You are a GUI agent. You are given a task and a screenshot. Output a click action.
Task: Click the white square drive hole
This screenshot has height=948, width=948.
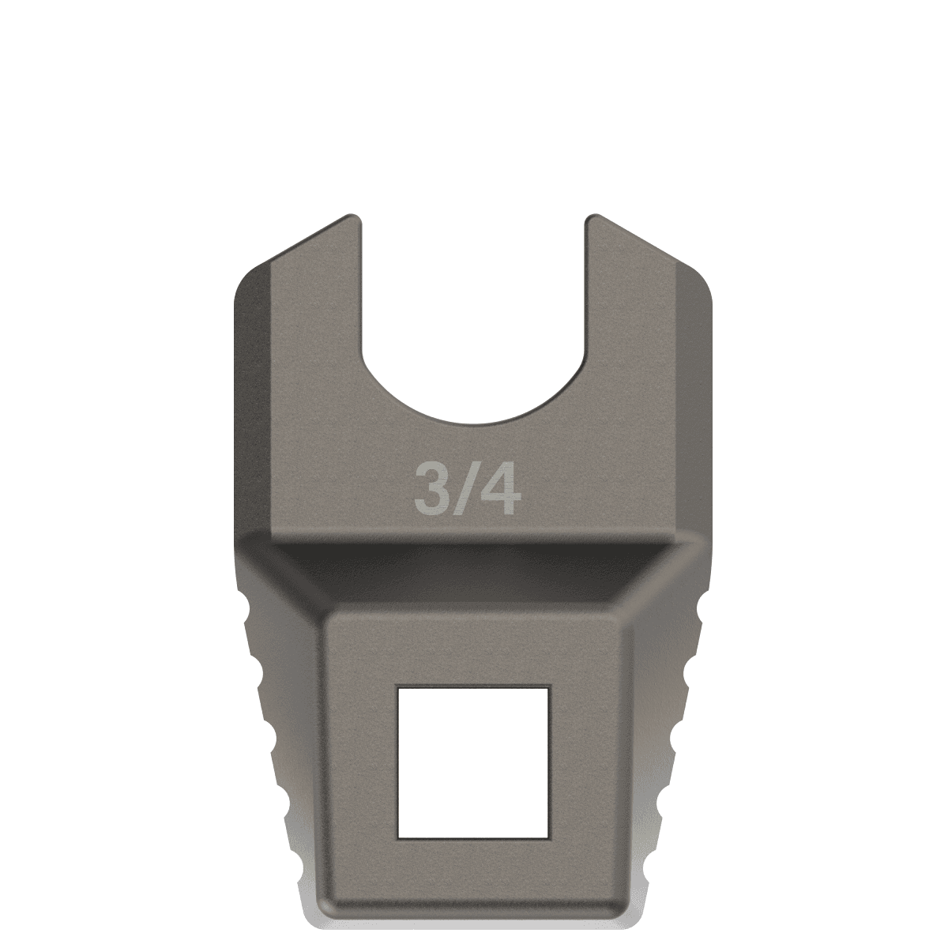[x=473, y=762]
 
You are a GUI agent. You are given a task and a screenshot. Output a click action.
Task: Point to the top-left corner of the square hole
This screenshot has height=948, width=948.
[x=399, y=687]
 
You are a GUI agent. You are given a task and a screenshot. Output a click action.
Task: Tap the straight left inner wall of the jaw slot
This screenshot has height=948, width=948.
[x=362, y=300]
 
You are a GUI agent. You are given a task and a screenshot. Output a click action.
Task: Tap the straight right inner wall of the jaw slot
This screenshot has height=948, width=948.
[x=585, y=300]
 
